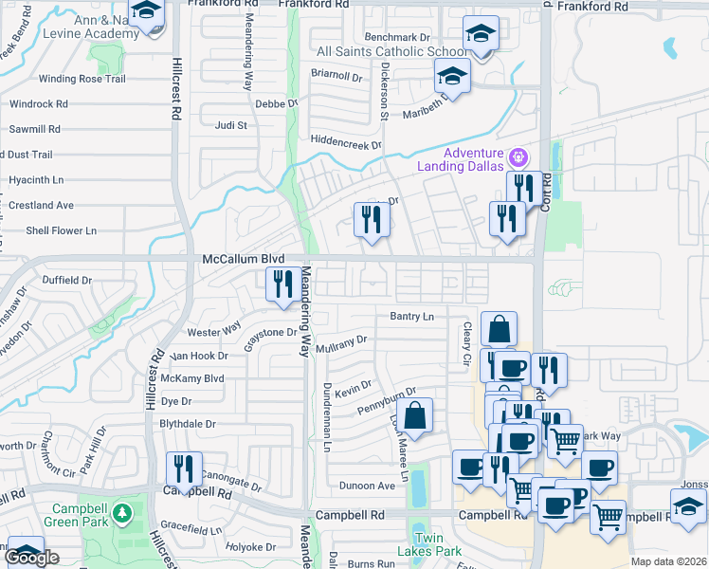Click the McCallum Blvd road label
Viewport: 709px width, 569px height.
tap(244, 258)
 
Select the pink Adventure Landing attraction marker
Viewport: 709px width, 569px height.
tap(518, 156)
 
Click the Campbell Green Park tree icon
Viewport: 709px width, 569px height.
tap(121, 514)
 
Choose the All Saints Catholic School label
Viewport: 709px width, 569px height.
tap(391, 51)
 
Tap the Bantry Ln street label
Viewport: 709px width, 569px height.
tap(411, 316)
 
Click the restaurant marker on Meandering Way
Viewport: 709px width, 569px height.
tap(283, 284)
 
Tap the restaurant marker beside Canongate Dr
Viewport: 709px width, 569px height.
tap(184, 468)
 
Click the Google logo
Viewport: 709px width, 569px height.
tap(32, 559)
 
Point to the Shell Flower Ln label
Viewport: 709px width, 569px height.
tap(61, 230)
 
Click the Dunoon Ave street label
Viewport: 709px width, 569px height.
tap(367, 486)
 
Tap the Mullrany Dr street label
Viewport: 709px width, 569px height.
tap(341, 340)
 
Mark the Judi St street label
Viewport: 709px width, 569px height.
tap(231, 124)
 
